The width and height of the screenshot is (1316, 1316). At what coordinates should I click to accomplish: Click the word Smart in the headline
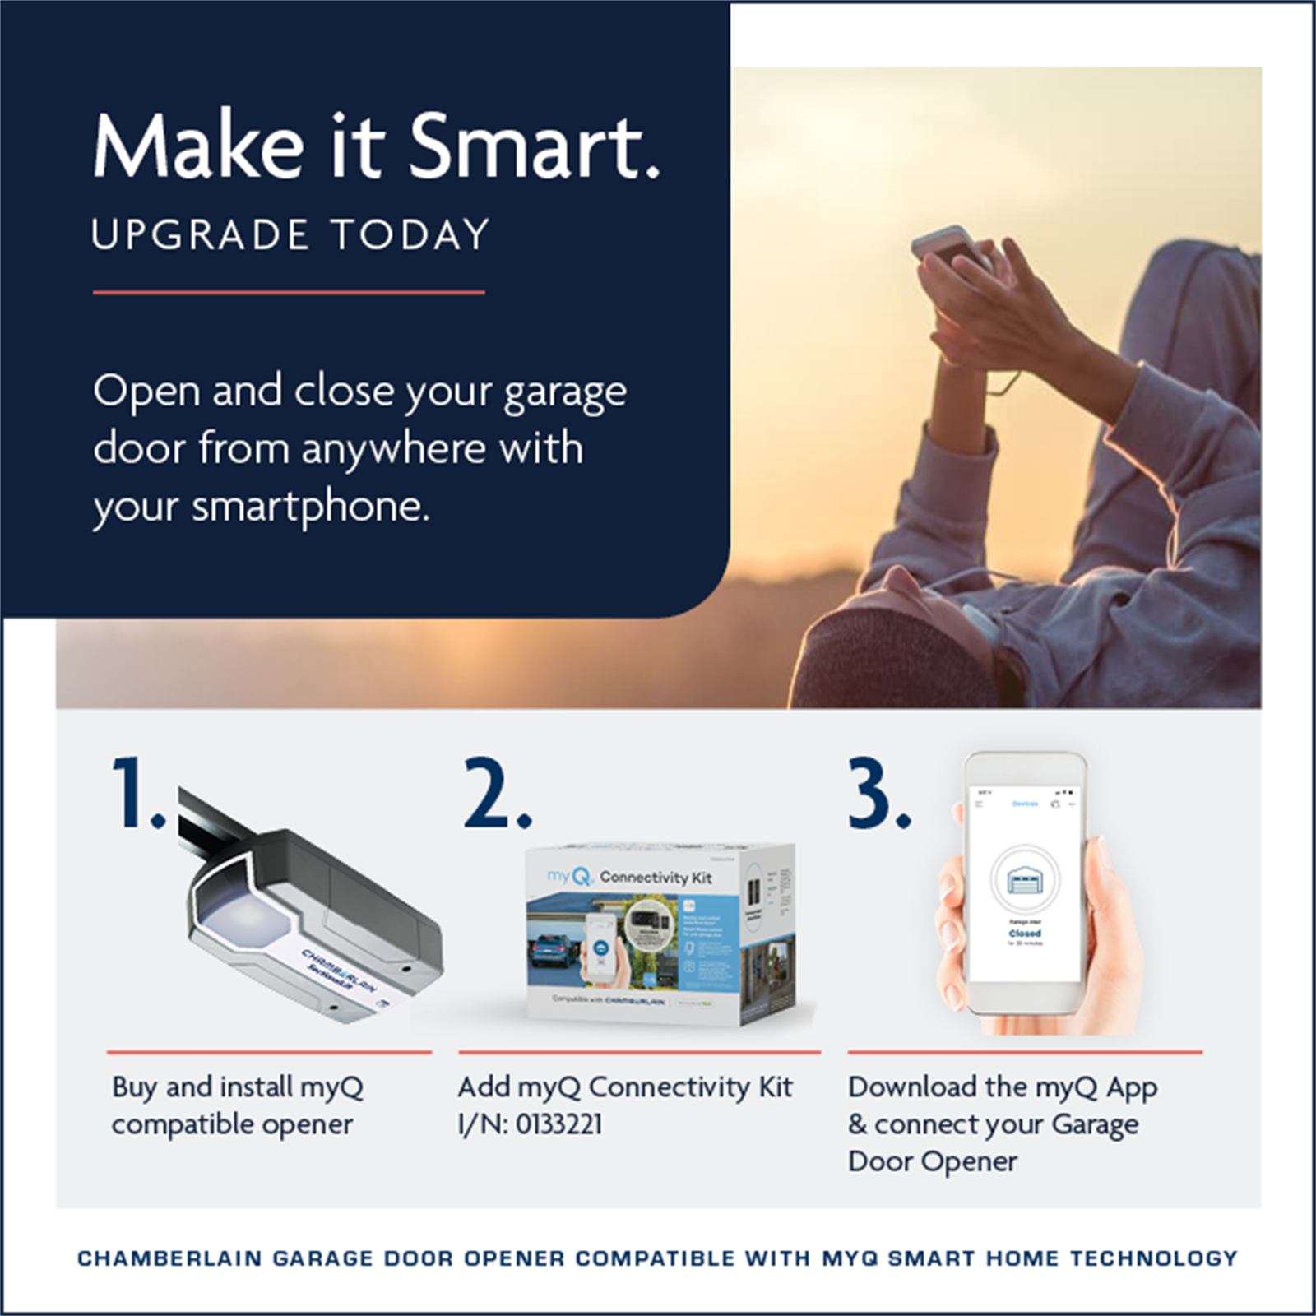click(x=535, y=146)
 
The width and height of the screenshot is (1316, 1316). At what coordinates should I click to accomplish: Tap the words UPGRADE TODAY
click(x=290, y=235)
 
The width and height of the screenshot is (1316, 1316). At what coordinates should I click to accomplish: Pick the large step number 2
click(x=496, y=794)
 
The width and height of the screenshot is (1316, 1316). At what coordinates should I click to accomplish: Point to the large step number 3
click(x=878, y=794)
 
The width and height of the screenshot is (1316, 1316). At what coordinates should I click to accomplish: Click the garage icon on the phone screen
click(x=1025, y=879)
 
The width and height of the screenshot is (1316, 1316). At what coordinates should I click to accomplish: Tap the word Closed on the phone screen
click(x=1025, y=934)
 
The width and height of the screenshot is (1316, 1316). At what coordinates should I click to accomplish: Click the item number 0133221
click(x=558, y=1124)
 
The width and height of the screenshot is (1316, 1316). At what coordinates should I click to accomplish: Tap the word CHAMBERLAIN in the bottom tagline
click(x=169, y=1258)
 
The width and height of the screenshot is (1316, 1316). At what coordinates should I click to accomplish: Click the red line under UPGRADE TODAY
click(x=289, y=292)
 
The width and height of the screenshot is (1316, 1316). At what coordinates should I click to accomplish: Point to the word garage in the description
click(x=564, y=393)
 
